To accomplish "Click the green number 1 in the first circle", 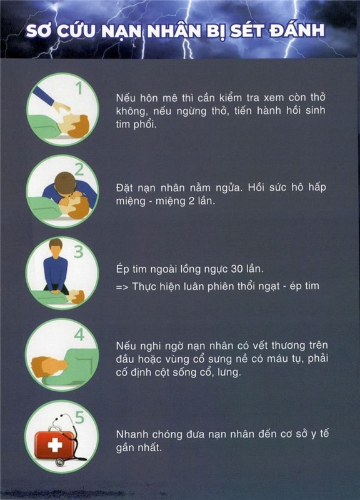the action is (79, 88).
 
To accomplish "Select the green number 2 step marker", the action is (79, 170).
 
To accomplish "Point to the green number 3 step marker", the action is (79, 251).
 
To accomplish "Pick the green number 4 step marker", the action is (79, 334).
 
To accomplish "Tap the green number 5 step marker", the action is (79, 417).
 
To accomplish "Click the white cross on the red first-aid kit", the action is (55, 444).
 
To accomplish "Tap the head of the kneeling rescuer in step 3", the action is (56, 249).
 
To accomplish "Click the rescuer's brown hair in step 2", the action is (65, 182).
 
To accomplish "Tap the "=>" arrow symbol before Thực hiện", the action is (122, 287).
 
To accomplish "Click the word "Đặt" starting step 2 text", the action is (124, 187).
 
